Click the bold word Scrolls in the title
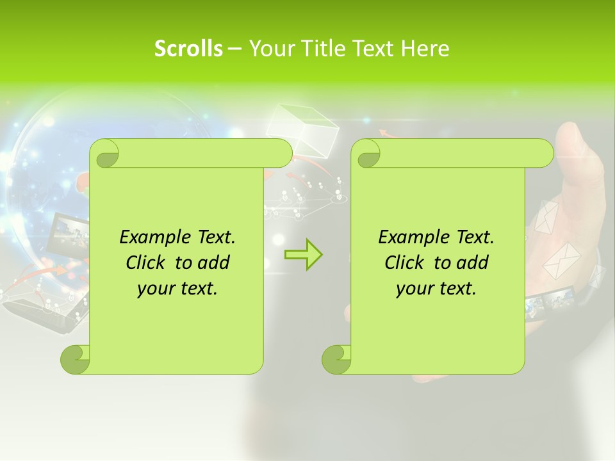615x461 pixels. tap(188, 49)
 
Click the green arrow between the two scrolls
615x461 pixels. tap(303, 254)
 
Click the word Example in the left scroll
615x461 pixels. tap(151, 237)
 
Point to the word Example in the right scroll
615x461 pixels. tap(410, 237)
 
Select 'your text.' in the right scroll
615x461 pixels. tap(436, 288)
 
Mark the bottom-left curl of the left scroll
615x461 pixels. tap(75, 359)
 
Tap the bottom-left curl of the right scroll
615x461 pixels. tap(336, 359)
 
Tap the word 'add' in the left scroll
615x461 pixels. tap(214, 263)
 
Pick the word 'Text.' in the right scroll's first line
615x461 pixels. tap(475, 237)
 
